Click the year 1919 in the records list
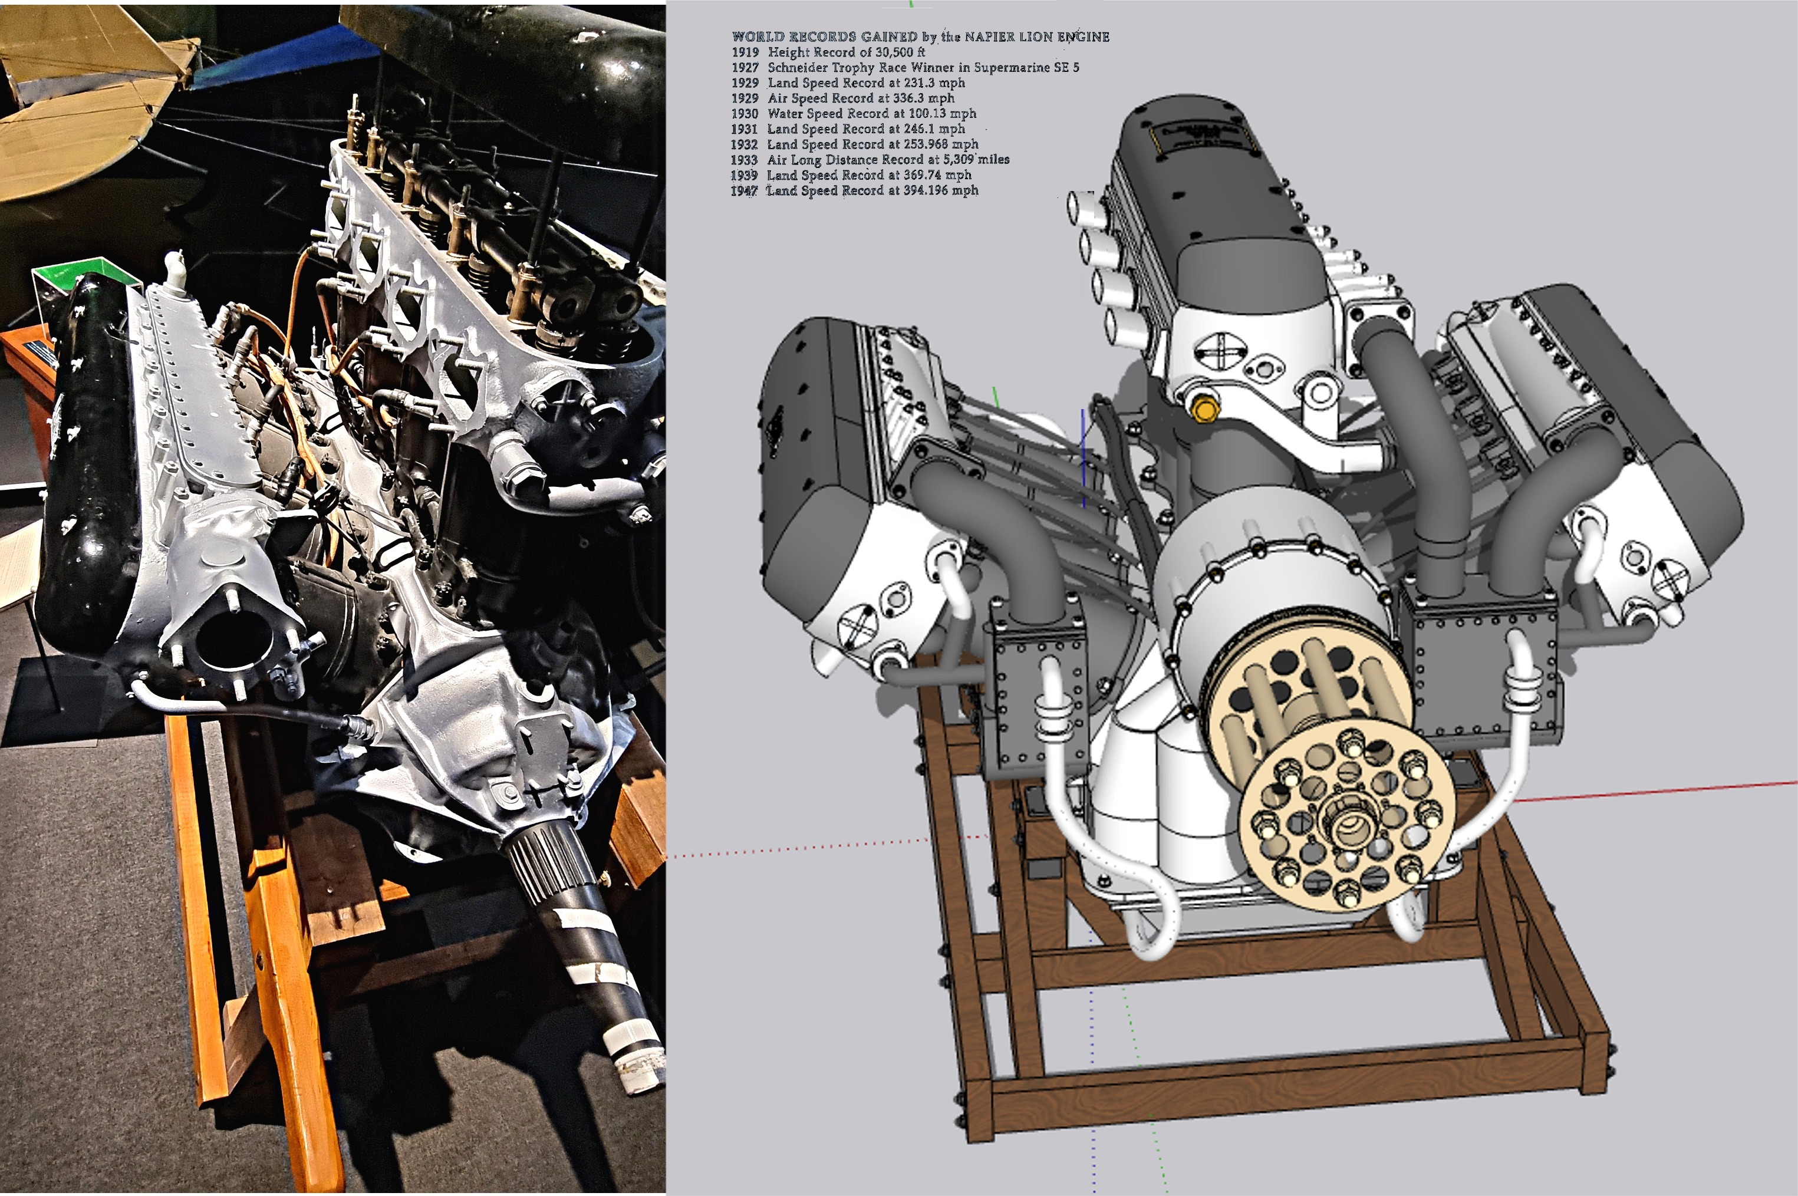tap(745, 52)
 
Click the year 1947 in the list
tap(745, 190)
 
